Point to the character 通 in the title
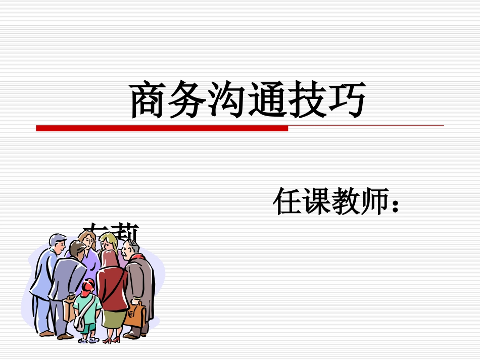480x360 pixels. click(268, 100)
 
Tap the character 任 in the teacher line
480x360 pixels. click(287, 201)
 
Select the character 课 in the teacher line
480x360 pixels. click(317, 201)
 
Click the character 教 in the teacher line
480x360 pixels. click(346, 201)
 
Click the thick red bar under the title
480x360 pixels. click(162, 129)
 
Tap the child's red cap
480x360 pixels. click(88, 286)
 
